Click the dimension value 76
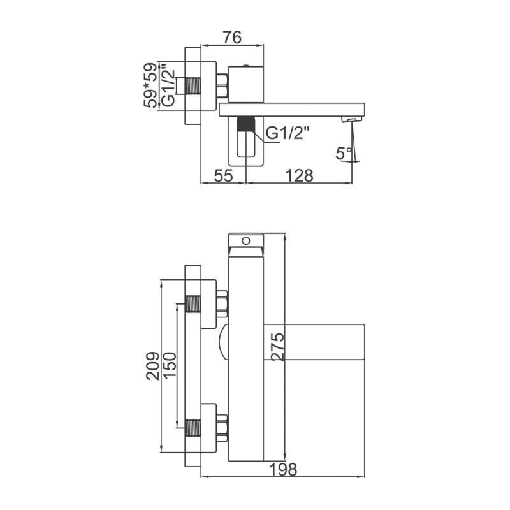click(x=232, y=38)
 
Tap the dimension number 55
click(x=224, y=176)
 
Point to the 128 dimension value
click(x=299, y=176)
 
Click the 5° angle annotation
click(x=344, y=153)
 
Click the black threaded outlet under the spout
click(x=245, y=124)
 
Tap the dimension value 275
click(x=279, y=346)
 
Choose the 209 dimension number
click(x=153, y=366)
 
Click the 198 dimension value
click(x=283, y=469)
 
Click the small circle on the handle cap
click(x=246, y=241)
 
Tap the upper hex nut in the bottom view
click(x=222, y=303)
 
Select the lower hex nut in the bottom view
click(x=222, y=428)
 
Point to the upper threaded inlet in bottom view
click(x=193, y=304)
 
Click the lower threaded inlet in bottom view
click(x=193, y=428)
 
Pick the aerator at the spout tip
click(x=352, y=120)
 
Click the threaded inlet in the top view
click(x=193, y=85)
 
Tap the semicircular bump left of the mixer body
click(x=224, y=342)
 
